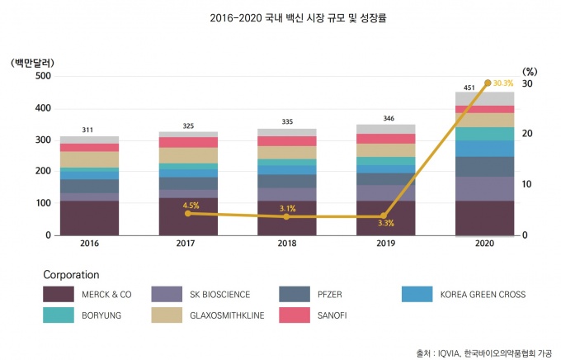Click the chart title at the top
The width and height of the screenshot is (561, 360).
coord(281,16)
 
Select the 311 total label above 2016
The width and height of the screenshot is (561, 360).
coord(88,130)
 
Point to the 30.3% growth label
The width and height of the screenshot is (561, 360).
coord(503,83)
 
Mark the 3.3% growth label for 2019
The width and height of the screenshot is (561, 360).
coord(386,223)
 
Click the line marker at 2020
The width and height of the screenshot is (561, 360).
coord(488,83)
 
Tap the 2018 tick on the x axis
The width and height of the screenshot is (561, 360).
coord(286,244)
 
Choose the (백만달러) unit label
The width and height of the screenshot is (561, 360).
coord(32,63)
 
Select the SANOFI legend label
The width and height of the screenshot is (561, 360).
coord(331,315)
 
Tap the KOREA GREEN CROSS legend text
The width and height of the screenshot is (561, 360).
coord(483,293)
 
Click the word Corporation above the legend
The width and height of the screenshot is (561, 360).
coord(71,274)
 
